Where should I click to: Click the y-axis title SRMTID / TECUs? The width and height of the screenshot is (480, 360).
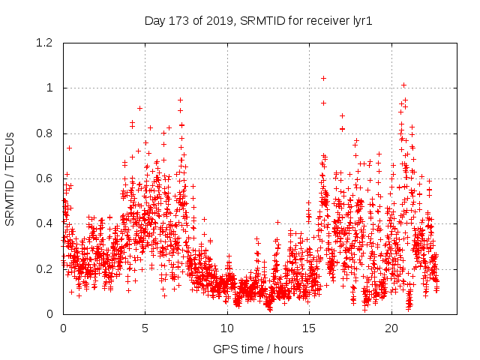pyautogui.click(x=10, y=178)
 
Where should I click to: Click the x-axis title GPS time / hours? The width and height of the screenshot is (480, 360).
pyautogui.click(x=258, y=349)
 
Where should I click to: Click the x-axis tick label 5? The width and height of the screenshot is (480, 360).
pyautogui.click(x=145, y=328)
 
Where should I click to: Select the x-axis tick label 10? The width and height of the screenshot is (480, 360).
pyautogui.click(x=227, y=328)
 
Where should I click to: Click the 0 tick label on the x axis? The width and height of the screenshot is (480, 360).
pyautogui.click(x=63, y=328)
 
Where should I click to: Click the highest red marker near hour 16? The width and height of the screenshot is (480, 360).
pyautogui.click(x=323, y=78)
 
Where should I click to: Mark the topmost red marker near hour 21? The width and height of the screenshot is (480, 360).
pyautogui.click(x=403, y=85)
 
